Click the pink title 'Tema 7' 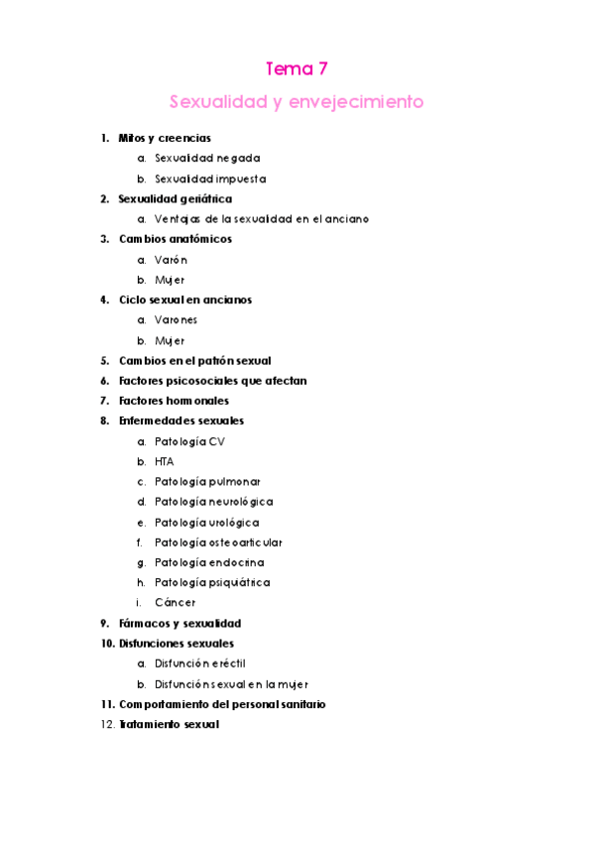[297, 69]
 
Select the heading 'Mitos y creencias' [164, 139]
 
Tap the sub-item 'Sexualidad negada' [207, 159]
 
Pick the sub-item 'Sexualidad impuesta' [209, 180]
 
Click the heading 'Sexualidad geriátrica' [175, 199]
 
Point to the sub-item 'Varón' [171, 260]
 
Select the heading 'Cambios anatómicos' [175, 239]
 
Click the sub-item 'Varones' [176, 320]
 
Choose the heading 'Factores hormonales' [174, 401]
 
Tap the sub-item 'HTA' [164, 462]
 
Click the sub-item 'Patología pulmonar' [207, 482]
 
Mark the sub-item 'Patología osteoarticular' [218, 542]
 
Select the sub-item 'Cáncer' [175, 603]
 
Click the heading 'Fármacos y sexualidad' [179, 624]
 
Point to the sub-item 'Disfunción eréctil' [199, 663]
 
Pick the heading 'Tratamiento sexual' [168, 725]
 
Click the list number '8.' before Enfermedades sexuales [104, 420]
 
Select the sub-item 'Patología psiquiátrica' [212, 583]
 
